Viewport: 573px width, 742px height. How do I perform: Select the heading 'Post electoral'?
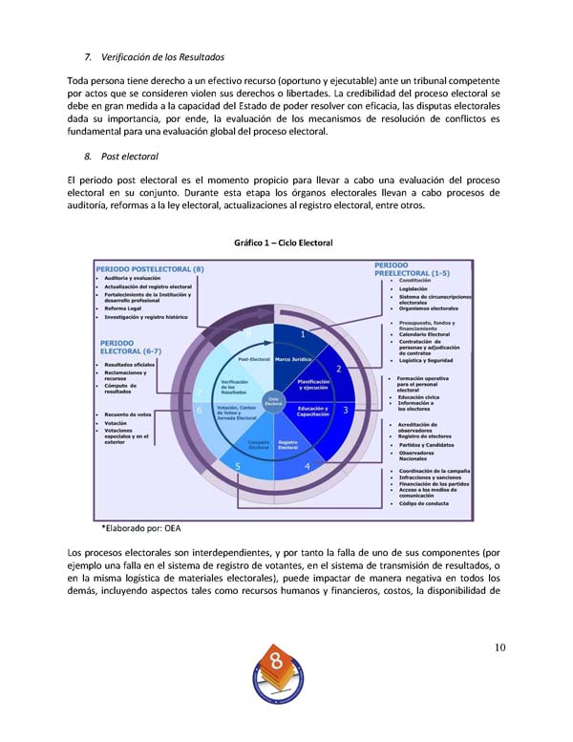[x=121, y=155]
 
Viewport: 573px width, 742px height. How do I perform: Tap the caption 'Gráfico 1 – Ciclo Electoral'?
[x=283, y=243]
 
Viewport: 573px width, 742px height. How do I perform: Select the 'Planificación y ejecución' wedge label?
[x=314, y=385]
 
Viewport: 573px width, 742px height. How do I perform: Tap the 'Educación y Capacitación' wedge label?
[x=314, y=411]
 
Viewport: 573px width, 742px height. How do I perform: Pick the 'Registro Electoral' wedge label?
[x=288, y=445]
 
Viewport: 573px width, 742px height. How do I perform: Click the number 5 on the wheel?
[x=237, y=466]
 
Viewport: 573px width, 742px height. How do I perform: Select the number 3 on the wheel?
[x=346, y=409]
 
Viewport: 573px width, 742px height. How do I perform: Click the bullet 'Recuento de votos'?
[x=128, y=414]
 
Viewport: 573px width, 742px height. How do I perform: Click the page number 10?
[x=500, y=648]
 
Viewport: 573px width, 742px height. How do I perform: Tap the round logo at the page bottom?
[x=278, y=675]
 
